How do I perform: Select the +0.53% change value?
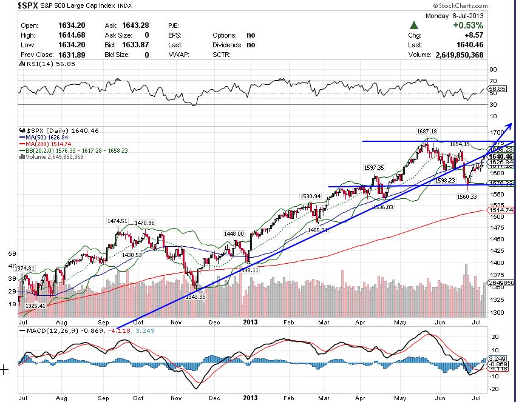point(467,25)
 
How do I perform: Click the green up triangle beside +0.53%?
point(414,25)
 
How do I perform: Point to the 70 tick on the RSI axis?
point(492,81)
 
